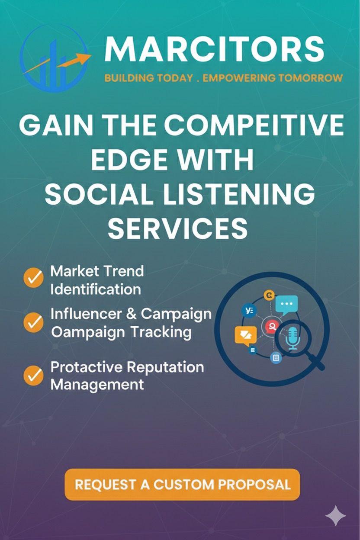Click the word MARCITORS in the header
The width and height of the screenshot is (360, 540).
[x=214, y=50]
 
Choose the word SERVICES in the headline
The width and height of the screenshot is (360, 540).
[x=178, y=228]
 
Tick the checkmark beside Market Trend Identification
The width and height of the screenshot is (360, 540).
[x=33, y=277]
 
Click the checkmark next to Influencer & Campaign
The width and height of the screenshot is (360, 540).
[x=33, y=322]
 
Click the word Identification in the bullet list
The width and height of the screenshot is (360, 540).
[x=96, y=289]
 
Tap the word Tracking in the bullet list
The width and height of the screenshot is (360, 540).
[x=161, y=332]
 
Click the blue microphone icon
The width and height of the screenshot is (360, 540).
[x=293, y=338]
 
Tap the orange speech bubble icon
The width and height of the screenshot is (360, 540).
[x=245, y=336]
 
